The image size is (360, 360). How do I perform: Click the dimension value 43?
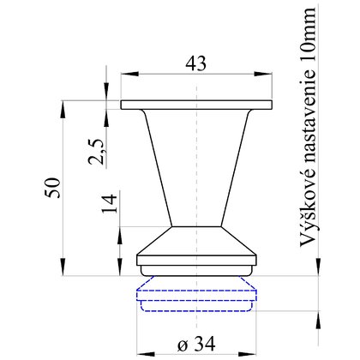(196, 63)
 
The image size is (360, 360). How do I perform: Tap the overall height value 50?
(53, 188)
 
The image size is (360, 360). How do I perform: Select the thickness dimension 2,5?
(95, 152)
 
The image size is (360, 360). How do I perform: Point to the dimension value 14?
(110, 203)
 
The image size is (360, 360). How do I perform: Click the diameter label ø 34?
(196, 344)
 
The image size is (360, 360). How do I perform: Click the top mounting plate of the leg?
(196, 105)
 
